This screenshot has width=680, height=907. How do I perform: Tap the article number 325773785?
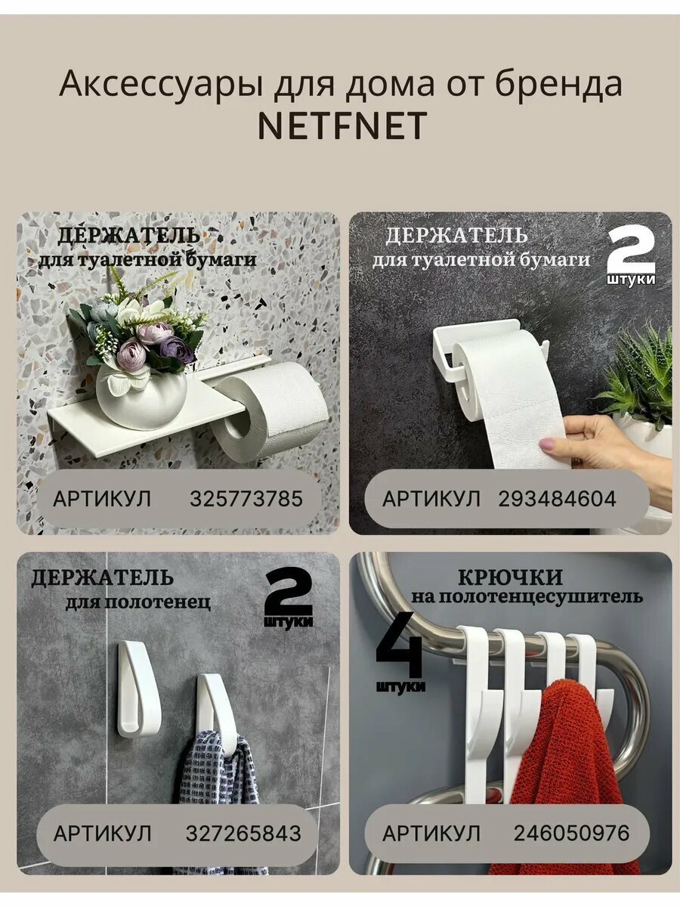tap(246, 499)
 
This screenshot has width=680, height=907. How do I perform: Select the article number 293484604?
tap(557, 499)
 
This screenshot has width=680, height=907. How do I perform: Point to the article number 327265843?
tap(243, 834)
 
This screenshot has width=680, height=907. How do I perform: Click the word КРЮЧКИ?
tap(510, 577)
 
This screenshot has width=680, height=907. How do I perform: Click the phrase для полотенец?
tap(138, 603)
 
